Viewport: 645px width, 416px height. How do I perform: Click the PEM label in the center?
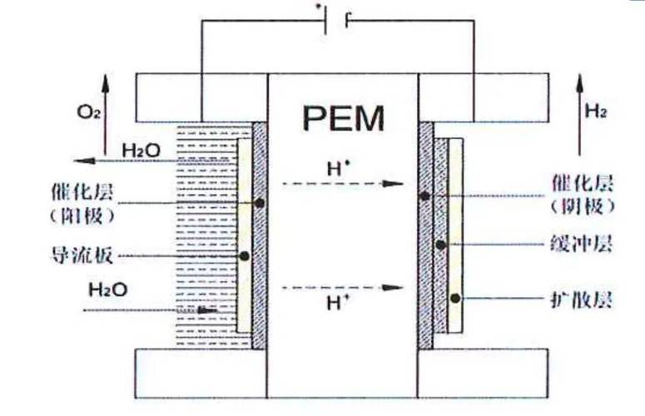point(344,118)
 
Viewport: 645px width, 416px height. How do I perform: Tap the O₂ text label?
point(88,111)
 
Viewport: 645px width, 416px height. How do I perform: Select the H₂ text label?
point(596,111)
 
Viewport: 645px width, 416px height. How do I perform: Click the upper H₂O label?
point(141,151)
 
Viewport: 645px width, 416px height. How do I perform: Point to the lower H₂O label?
point(108,290)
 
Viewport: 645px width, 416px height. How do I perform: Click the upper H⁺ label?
point(339,168)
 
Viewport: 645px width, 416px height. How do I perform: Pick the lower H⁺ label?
point(339,303)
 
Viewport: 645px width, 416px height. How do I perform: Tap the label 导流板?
point(82,255)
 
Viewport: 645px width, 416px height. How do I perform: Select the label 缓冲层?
point(582,244)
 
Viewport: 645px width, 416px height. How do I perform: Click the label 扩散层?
point(582,300)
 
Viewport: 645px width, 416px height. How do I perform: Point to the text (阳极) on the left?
point(82,215)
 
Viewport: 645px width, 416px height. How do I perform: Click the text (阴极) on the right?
point(583,206)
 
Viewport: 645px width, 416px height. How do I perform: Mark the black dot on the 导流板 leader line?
point(245,256)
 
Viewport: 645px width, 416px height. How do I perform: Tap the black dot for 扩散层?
point(455,299)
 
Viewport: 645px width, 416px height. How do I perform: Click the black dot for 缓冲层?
point(440,245)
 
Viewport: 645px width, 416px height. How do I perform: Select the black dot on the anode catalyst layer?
point(260,203)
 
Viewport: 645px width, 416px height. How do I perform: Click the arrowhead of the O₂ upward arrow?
point(106,82)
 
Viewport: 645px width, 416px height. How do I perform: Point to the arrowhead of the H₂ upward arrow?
point(580,82)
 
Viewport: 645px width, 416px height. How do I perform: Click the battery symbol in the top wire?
point(336,21)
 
